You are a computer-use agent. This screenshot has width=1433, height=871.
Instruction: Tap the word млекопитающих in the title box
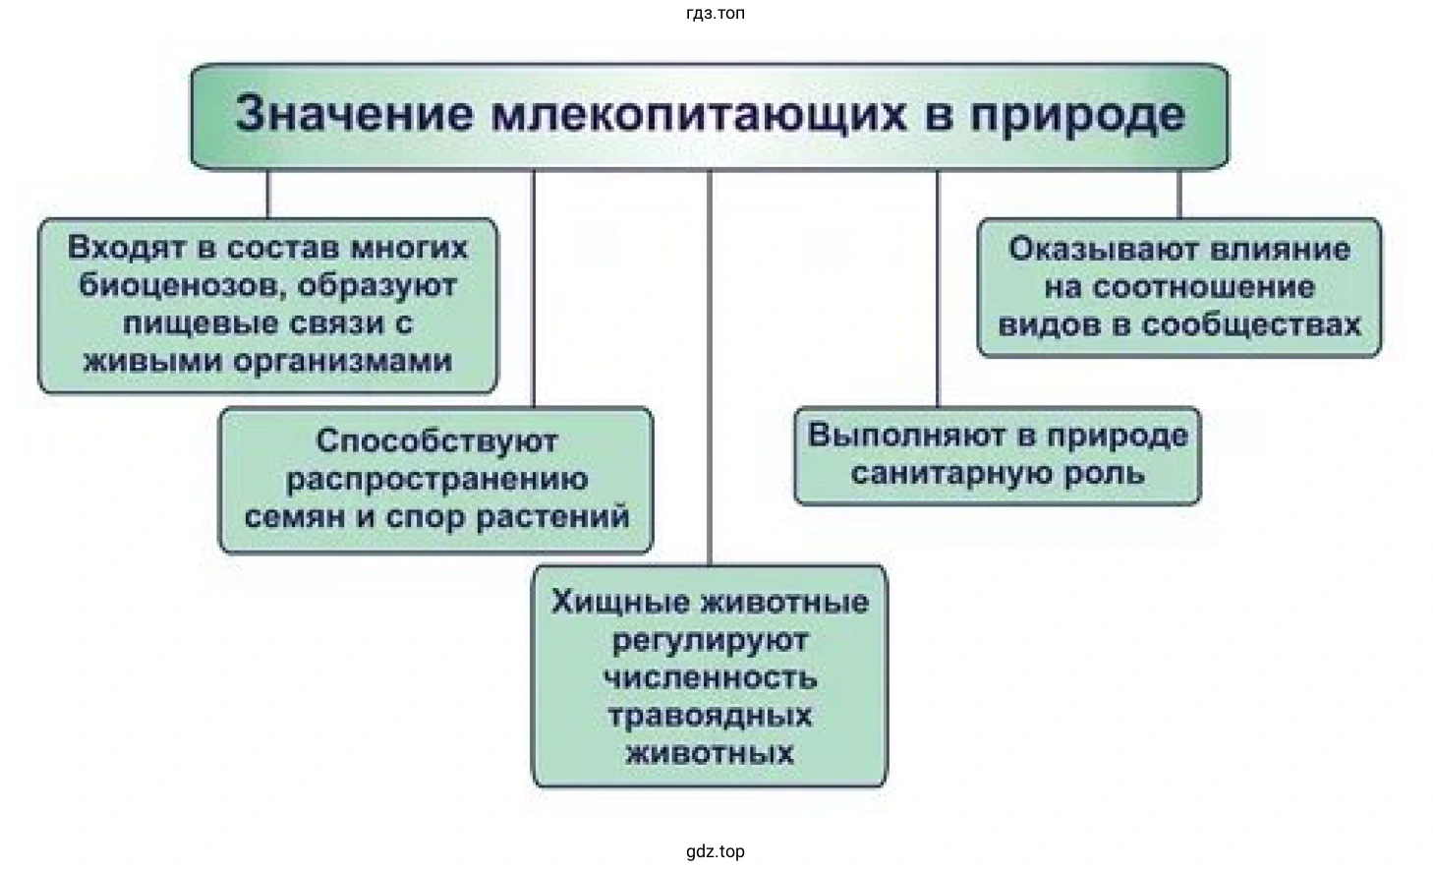pyautogui.click(x=698, y=115)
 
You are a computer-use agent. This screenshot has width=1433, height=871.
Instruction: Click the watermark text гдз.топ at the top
pyautogui.click(x=716, y=14)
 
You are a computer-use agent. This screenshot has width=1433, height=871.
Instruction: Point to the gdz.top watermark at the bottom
pyautogui.click(x=716, y=851)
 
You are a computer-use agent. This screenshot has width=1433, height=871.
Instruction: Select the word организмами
pyautogui.click(x=344, y=361)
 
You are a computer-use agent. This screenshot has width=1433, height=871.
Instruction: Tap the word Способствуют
pyautogui.click(x=436, y=441)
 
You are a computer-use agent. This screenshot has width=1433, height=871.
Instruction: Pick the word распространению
pyautogui.click(x=436, y=479)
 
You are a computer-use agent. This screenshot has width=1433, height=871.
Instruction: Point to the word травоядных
pyautogui.click(x=710, y=715)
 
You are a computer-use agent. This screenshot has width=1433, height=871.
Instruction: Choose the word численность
pyautogui.click(x=710, y=677)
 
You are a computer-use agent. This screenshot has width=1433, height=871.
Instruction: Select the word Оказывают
pyautogui.click(x=1094, y=249)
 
